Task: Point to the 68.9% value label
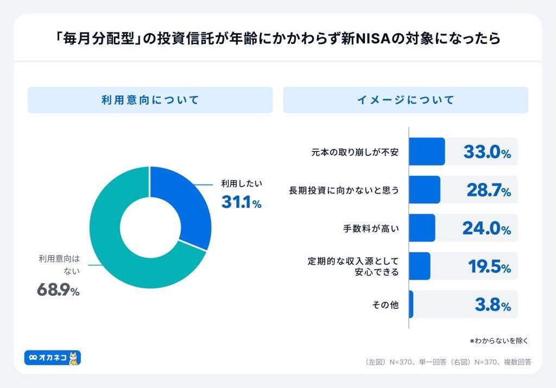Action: [x=58, y=290]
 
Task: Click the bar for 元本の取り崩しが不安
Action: [x=426, y=151]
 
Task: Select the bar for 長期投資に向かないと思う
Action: [x=424, y=189]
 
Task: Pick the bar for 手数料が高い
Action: [x=421, y=228]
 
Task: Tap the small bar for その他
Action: [x=411, y=304]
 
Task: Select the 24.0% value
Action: [x=486, y=228]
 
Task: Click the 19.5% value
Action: [x=489, y=267]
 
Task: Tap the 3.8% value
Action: [x=492, y=305]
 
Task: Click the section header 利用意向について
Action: [x=150, y=100]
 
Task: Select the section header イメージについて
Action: [x=405, y=100]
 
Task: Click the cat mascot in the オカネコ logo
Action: [x=74, y=358]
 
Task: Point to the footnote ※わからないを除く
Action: [x=498, y=341]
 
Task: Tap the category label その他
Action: [x=385, y=305]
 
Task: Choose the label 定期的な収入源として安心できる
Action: [x=353, y=266]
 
